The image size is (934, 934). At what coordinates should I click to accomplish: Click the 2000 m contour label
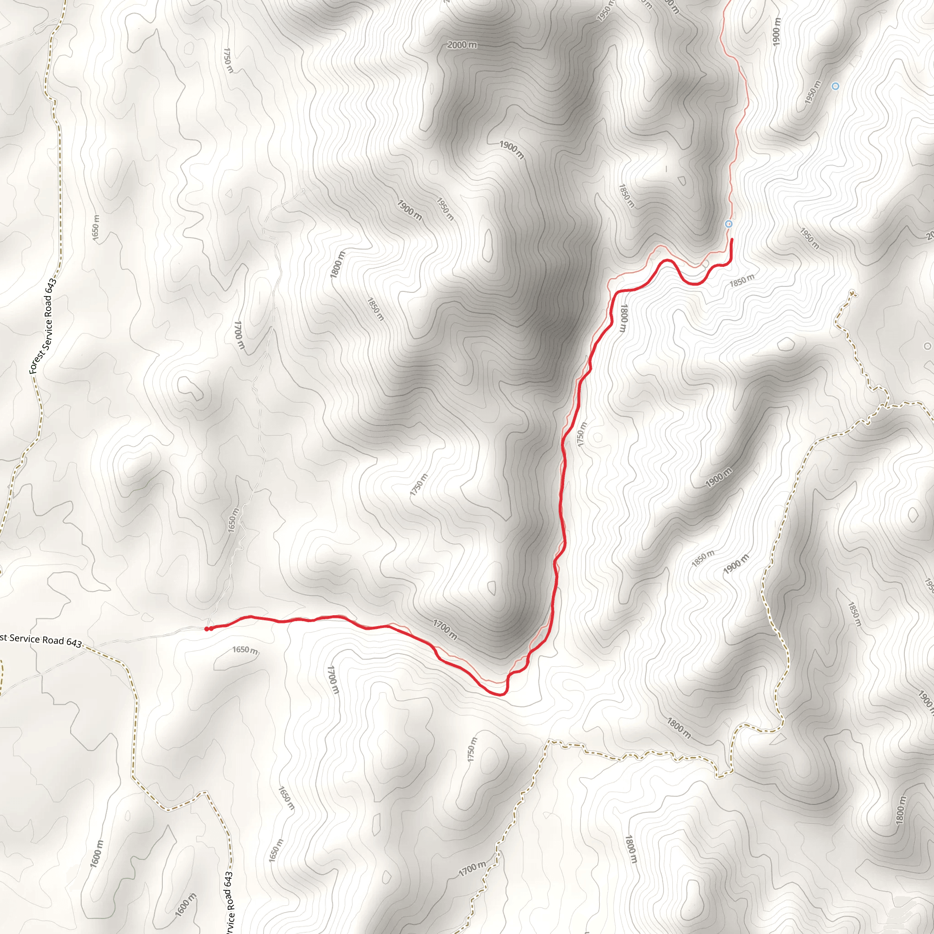coord(462,45)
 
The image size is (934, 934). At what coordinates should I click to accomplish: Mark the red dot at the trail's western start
coord(207,629)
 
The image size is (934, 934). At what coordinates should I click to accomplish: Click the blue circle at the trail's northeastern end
coord(728,224)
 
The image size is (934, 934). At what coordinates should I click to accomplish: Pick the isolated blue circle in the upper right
coord(835,86)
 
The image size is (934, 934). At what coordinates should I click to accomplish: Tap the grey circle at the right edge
coord(927,346)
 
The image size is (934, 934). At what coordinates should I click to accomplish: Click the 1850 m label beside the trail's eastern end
coord(742,280)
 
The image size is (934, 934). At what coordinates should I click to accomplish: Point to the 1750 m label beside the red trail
coord(581,434)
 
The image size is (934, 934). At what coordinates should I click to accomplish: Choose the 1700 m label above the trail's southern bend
coord(445,629)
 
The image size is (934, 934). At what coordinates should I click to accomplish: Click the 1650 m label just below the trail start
coord(245,650)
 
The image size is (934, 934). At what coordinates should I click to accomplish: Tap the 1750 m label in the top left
coord(228,60)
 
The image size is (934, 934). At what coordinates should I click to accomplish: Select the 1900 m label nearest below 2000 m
coord(512,150)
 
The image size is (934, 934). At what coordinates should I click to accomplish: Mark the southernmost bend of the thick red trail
coord(500,695)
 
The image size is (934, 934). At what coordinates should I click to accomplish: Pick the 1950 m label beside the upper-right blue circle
coord(813,92)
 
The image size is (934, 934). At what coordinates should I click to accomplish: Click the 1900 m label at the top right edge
coord(776,32)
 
